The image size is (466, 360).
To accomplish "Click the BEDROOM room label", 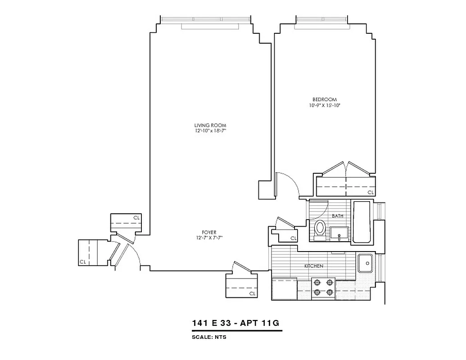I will coord(324,99).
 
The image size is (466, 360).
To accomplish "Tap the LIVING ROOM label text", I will coord(210,125).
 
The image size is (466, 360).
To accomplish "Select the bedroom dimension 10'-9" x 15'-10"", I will coord(324,106).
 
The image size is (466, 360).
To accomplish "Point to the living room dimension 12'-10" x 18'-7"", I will coord(210,131).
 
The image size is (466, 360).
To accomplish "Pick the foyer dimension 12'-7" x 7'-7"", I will coord(209,238).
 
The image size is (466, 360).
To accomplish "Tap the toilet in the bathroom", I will coord(320,228).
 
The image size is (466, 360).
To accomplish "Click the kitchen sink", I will coord(365,263).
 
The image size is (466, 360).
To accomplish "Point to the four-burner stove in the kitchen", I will coord(323,288).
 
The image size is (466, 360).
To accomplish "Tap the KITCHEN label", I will coord(313,266).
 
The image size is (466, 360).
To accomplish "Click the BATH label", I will coord(338,216).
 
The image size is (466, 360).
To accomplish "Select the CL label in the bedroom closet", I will coord(371,192).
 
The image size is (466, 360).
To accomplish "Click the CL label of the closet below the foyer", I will coord(252,293).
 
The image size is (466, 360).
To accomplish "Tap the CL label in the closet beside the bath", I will coord(293,238).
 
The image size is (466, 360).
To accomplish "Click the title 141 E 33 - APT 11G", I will coord(237,323).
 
